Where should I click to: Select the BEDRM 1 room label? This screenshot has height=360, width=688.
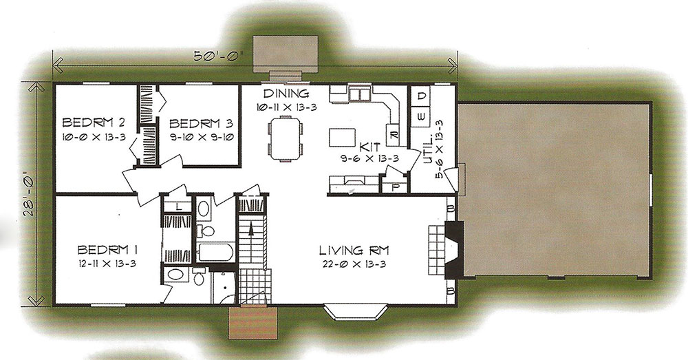coord(108,250)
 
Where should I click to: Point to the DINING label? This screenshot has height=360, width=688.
coord(286,93)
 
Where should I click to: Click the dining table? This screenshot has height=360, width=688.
coord(286,139)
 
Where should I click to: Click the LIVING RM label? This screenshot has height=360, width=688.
coord(354,251)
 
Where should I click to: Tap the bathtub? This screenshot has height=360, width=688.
coord(216,252)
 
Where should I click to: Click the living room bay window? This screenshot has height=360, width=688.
coord(356,312)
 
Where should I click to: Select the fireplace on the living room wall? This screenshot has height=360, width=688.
coord(453,250)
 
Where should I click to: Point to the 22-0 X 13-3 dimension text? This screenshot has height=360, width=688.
coord(354,264)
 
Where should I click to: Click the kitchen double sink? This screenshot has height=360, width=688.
coord(360,94)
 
